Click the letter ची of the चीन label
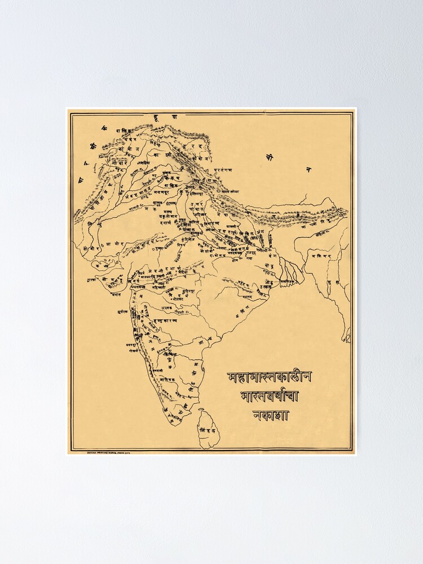(270, 158)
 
